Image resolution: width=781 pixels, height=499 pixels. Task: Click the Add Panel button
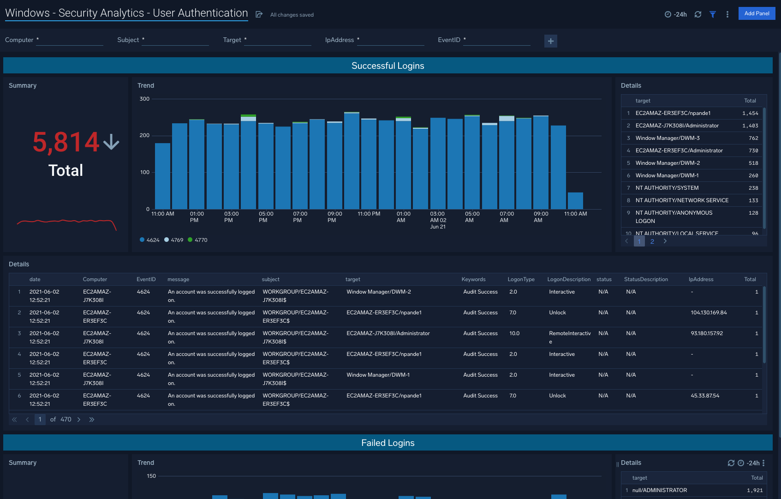pyautogui.click(x=757, y=13)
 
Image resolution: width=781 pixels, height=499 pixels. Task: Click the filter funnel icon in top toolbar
pyautogui.click(x=712, y=14)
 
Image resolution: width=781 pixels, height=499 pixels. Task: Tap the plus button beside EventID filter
pyautogui.click(x=550, y=41)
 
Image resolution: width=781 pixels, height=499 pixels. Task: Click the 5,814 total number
pyautogui.click(x=66, y=142)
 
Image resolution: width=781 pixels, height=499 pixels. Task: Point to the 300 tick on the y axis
pyautogui.click(x=144, y=99)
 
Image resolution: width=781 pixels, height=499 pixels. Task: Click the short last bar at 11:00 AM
pyautogui.click(x=575, y=201)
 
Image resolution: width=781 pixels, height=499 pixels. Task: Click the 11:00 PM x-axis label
pyautogui.click(x=369, y=214)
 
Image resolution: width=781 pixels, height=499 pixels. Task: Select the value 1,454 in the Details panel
pyautogui.click(x=750, y=113)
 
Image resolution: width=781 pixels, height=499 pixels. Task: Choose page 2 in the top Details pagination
pyautogui.click(x=652, y=241)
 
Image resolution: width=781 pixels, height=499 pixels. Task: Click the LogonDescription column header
pyautogui.click(x=568, y=279)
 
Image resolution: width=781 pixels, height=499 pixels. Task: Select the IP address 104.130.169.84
pyautogui.click(x=708, y=313)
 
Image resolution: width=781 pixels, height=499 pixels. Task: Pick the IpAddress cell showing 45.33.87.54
pyautogui.click(x=704, y=396)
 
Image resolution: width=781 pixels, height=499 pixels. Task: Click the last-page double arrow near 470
pyautogui.click(x=91, y=420)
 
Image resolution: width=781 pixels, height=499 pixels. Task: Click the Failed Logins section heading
pyautogui.click(x=388, y=443)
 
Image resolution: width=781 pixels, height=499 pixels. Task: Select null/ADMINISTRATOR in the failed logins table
pyautogui.click(x=659, y=490)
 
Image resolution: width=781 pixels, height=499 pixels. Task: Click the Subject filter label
pyautogui.click(x=128, y=40)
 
